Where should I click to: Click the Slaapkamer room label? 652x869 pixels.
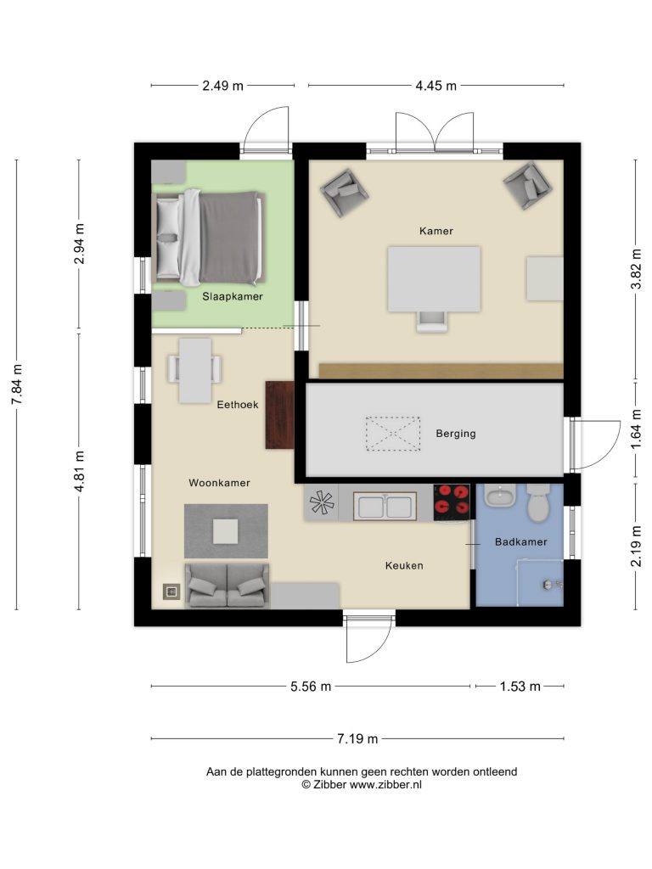pyautogui.click(x=233, y=296)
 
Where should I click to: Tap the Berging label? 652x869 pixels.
pyautogui.click(x=456, y=434)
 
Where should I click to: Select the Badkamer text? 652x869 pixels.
pyautogui.click(x=521, y=542)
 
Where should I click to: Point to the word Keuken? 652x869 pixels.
pyautogui.click(x=404, y=565)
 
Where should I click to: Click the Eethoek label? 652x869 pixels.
pyautogui.click(x=238, y=405)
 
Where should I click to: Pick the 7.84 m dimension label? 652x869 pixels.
pyautogui.click(x=17, y=384)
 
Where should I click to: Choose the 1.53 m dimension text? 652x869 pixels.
pyautogui.click(x=520, y=686)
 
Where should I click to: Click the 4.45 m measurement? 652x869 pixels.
pyautogui.click(x=436, y=86)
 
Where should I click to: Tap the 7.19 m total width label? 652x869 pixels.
pyautogui.click(x=357, y=738)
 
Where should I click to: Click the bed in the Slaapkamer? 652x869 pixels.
pyautogui.click(x=209, y=238)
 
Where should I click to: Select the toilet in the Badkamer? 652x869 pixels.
pyautogui.click(x=538, y=502)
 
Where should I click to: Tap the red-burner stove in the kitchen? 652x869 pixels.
pyautogui.click(x=452, y=502)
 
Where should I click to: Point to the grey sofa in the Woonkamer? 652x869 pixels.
pyautogui.click(x=227, y=586)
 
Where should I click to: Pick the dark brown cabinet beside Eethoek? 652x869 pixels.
pyautogui.click(x=279, y=414)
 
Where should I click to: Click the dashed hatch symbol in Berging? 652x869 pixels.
pyautogui.click(x=392, y=434)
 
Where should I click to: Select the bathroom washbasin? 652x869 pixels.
pyautogui.click(x=501, y=496)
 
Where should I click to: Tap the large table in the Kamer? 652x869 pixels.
pyautogui.click(x=434, y=279)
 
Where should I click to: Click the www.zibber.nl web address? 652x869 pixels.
pyautogui.click(x=385, y=784)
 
